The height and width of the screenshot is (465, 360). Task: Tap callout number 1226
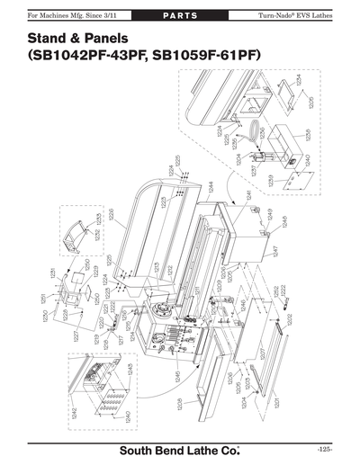[x=111, y=215]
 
